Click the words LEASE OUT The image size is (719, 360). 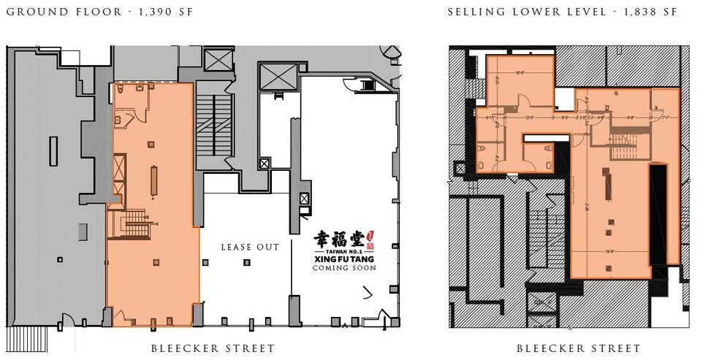[x=250, y=248]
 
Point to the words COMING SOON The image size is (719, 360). [x=344, y=268]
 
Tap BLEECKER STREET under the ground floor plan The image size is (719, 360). [x=213, y=348]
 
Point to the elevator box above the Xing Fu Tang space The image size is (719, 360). [x=278, y=74]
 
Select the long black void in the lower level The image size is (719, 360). [x=658, y=213]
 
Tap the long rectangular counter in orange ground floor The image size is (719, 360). [x=153, y=180]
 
